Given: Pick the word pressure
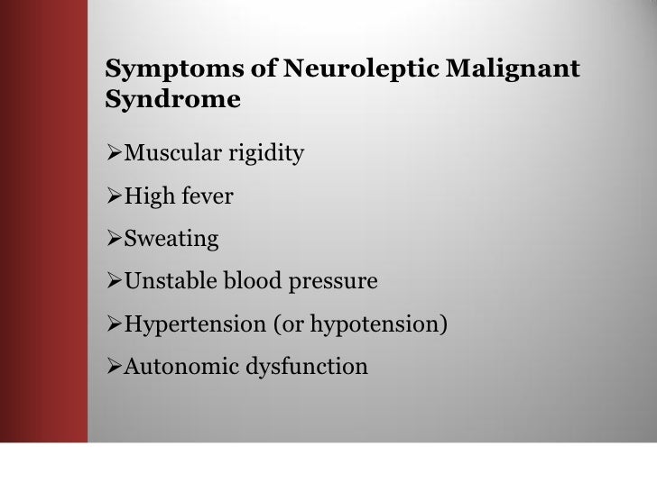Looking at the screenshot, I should click(329, 283).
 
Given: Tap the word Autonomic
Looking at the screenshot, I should click(175, 367).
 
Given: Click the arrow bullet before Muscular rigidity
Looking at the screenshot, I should click(114, 157).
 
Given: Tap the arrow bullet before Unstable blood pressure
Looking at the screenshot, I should click(114, 283).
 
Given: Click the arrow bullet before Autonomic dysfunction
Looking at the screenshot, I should click(114, 367).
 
